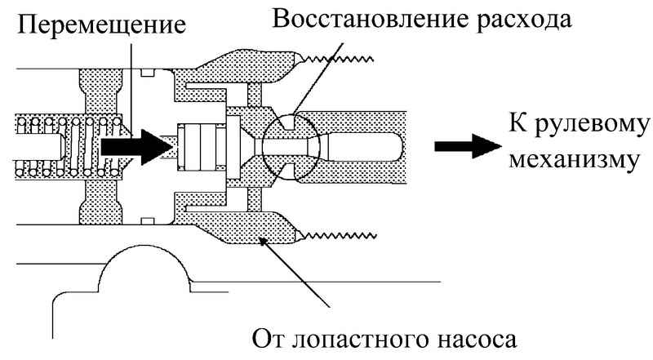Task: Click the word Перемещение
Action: [x=101, y=27]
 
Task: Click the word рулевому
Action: [x=591, y=125]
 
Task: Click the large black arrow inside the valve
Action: [x=136, y=147]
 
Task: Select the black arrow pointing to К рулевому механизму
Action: [x=468, y=146]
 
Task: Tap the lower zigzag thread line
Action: [x=339, y=237]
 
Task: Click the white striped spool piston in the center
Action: [x=201, y=147]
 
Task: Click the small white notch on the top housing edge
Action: [x=148, y=73]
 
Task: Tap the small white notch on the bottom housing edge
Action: [x=148, y=221]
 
